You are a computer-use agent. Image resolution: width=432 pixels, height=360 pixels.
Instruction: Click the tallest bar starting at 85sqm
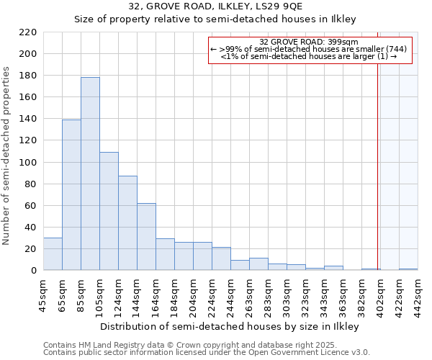[90, 174]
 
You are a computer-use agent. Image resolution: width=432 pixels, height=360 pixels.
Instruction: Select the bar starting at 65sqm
[71, 194]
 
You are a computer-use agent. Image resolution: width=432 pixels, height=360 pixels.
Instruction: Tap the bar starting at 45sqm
[53, 253]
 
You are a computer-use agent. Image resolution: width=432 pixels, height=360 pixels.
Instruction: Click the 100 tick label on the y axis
[28, 163]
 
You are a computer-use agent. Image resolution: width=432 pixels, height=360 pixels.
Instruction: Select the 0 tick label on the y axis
[33, 271]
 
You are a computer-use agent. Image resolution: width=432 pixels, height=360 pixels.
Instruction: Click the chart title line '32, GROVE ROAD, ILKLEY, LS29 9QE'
[215, 7]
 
